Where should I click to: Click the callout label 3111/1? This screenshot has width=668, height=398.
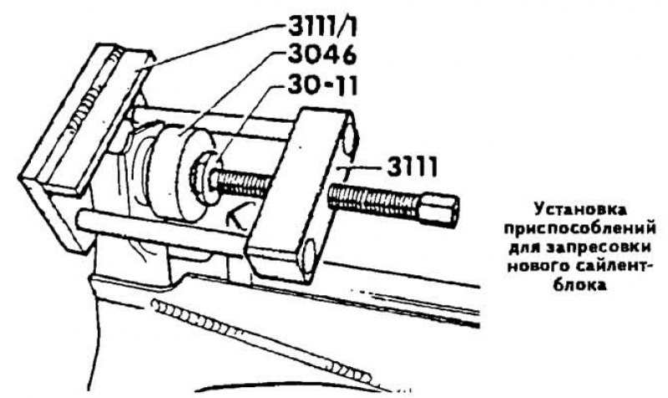click(322, 27)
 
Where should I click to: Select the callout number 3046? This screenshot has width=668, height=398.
click(322, 55)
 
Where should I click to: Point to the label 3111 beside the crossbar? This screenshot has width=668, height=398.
click(412, 166)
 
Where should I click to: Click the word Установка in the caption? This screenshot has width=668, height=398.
click(580, 210)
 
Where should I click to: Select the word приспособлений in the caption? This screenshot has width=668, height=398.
click(579, 228)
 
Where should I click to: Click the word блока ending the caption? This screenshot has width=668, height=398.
click(579, 284)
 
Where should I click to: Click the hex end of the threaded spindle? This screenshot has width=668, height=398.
click(440, 209)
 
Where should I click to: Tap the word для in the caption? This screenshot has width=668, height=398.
click(524, 247)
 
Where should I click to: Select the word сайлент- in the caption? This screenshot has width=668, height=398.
click(615, 266)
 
